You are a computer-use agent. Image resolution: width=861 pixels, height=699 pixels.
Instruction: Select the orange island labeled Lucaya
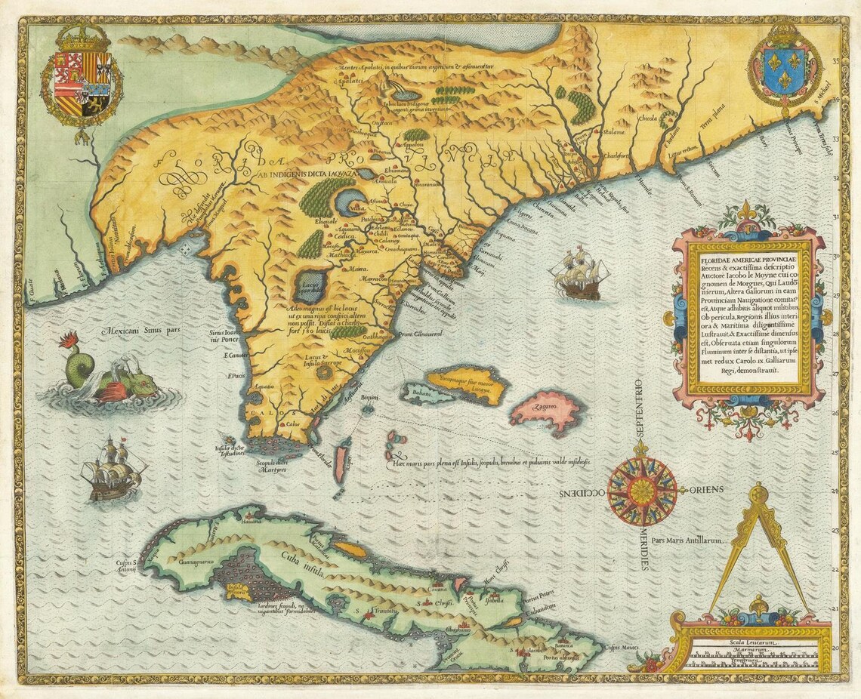coord(465,383)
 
